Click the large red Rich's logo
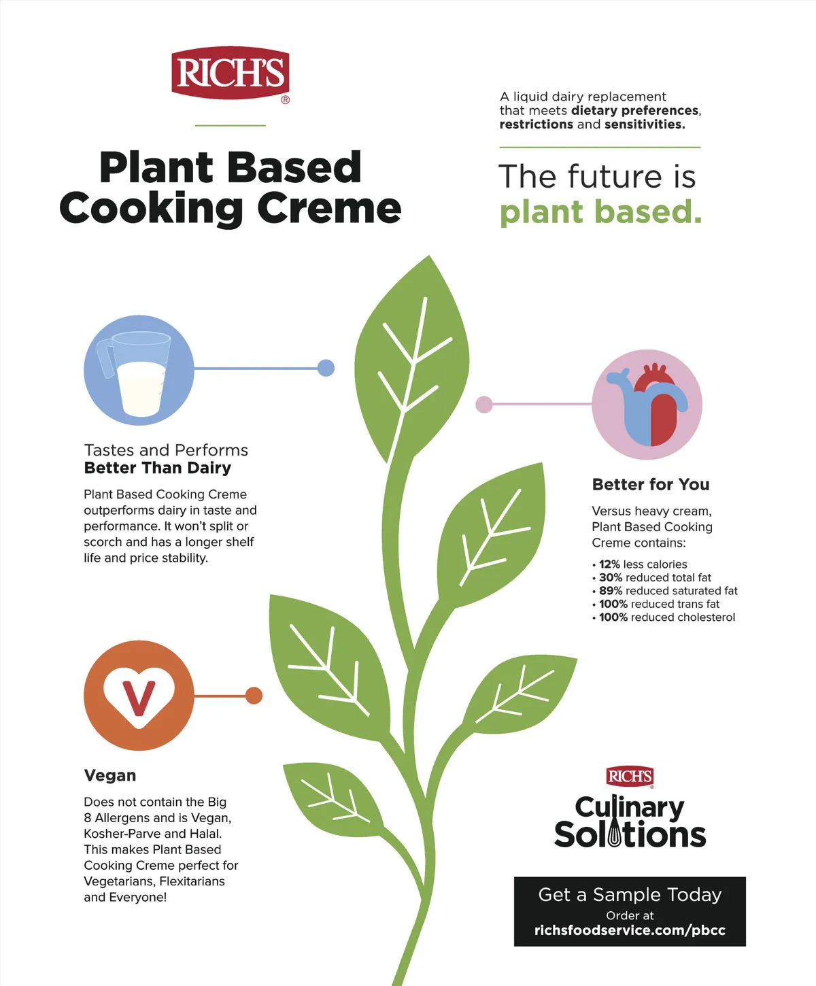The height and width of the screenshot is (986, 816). (x=231, y=73)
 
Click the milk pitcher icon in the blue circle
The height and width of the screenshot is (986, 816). (x=135, y=374)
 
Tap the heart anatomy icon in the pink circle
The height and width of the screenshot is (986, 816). (x=648, y=404)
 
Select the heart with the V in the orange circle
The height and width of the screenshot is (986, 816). (x=139, y=697)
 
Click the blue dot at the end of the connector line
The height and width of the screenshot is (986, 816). (x=326, y=368)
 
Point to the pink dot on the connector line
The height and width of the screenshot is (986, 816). (x=484, y=404)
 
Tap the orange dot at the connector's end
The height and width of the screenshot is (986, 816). (x=254, y=696)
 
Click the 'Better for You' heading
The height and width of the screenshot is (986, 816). (x=651, y=484)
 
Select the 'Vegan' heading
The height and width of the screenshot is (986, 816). (x=110, y=776)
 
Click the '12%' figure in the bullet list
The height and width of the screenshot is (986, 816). (x=609, y=564)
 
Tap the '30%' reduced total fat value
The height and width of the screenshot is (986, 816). (x=611, y=577)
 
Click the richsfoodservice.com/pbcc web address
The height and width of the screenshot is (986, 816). (x=630, y=930)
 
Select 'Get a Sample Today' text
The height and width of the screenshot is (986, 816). (x=630, y=895)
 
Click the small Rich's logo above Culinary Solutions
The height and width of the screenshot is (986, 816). (x=630, y=777)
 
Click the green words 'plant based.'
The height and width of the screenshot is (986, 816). (x=600, y=212)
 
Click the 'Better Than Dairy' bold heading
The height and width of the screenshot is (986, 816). (x=158, y=468)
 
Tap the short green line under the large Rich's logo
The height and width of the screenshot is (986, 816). (x=231, y=126)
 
